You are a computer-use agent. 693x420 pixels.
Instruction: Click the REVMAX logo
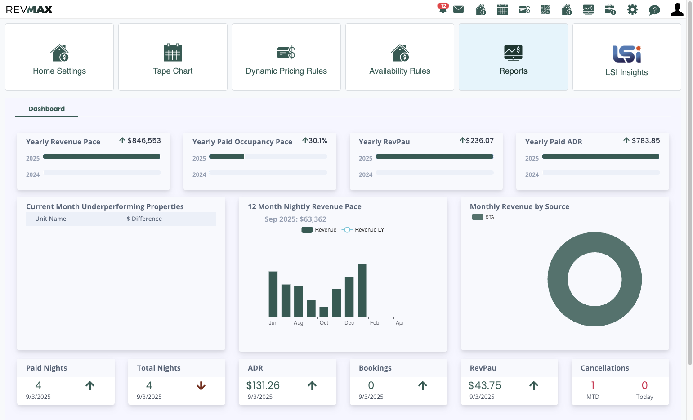coord(29,9)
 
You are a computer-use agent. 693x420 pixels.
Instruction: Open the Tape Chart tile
coord(173,57)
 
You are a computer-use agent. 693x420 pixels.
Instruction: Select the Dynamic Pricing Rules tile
coord(286,57)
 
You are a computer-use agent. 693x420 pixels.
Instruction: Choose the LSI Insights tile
coord(626,57)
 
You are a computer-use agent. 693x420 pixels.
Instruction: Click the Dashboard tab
coord(47,109)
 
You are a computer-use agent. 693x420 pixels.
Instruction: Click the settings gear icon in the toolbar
coord(632,9)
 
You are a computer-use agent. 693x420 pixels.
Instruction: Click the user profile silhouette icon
coord(677,9)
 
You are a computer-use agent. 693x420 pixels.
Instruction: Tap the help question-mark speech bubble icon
coord(654,10)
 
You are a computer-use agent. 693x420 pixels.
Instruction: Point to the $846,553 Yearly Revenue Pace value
coord(144,141)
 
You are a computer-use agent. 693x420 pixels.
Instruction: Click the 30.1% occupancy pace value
coord(318,141)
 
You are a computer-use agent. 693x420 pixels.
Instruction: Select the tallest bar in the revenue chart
coord(362,290)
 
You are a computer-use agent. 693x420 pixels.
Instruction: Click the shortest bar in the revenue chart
coord(324,312)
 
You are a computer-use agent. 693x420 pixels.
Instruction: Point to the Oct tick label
coord(324,323)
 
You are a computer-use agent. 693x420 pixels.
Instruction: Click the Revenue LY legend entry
coord(363,230)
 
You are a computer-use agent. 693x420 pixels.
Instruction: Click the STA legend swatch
coord(478,217)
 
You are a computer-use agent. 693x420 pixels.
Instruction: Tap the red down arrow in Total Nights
coord(201,385)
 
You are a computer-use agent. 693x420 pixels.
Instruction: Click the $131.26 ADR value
coord(263,385)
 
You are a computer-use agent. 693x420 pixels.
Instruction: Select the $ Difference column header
coord(144,219)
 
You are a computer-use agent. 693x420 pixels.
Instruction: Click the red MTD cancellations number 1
coord(593,385)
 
